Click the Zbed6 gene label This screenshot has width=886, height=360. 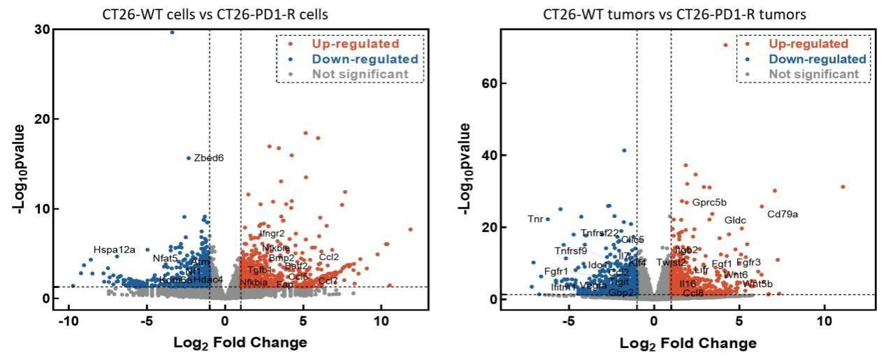click(209, 158)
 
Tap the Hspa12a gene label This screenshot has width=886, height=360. click(115, 250)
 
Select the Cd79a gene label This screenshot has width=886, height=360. click(783, 214)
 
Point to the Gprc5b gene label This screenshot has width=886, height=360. click(709, 203)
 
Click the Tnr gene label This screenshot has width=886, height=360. click(535, 219)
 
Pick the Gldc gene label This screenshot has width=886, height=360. click(735, 220)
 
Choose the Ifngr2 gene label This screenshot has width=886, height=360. click(273, 233)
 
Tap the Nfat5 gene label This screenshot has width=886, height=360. click(166, 259)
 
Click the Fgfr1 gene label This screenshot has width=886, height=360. click(556, 271)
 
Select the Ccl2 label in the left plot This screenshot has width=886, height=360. click(329, 257)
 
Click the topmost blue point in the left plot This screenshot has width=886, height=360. click(172, 31)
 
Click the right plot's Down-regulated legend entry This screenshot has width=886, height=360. click(817, 59)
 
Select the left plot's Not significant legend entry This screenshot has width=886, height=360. click(360, 74)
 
